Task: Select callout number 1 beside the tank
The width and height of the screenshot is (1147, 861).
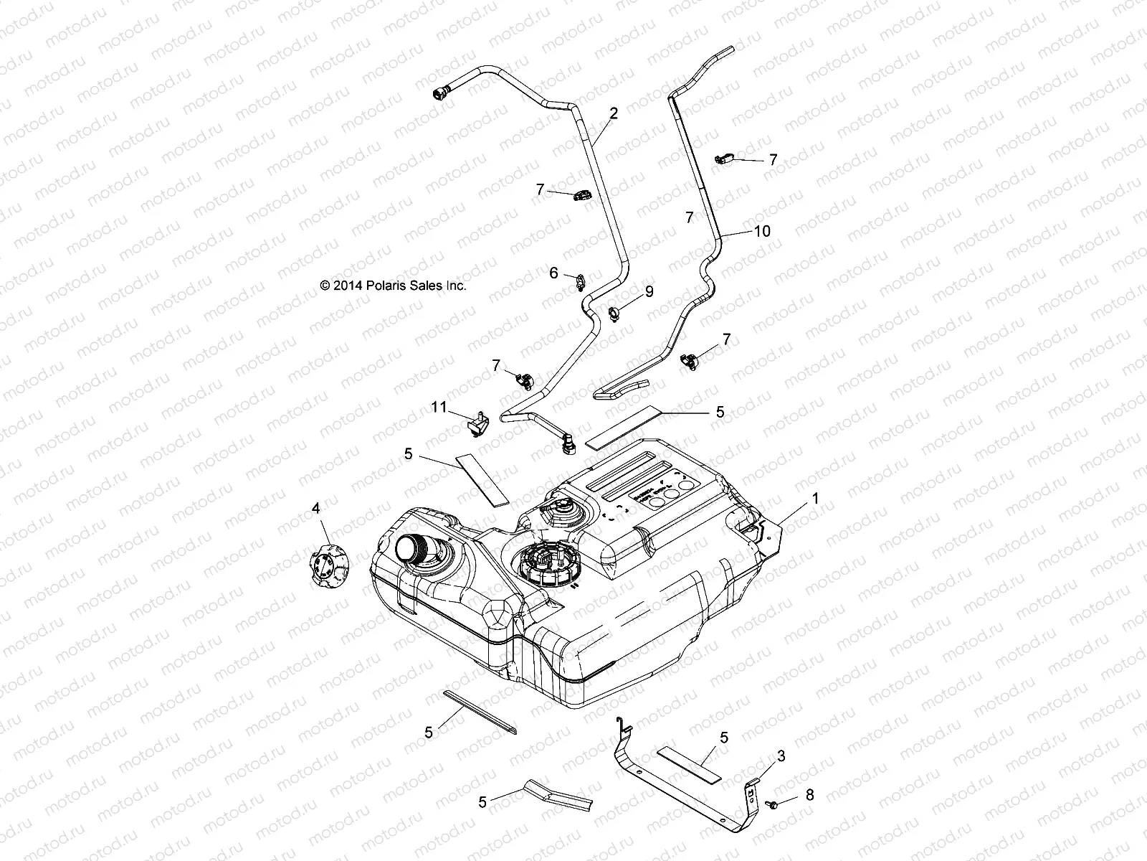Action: pyautogui.click(x=815, y=497)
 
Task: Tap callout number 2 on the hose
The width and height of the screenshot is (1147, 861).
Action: pyautogui.click(x=614, y=113)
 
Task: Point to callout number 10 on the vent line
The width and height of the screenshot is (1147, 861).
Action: pyautogui.click(x=761, y=231)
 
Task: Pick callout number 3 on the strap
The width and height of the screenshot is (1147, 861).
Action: pyautogui.click(x=781, y=756)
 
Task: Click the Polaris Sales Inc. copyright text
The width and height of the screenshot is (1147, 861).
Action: pyautogui.click(x=393, y=286)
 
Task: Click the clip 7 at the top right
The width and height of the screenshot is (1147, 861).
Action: pyautogui.click(x=725, y=159)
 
